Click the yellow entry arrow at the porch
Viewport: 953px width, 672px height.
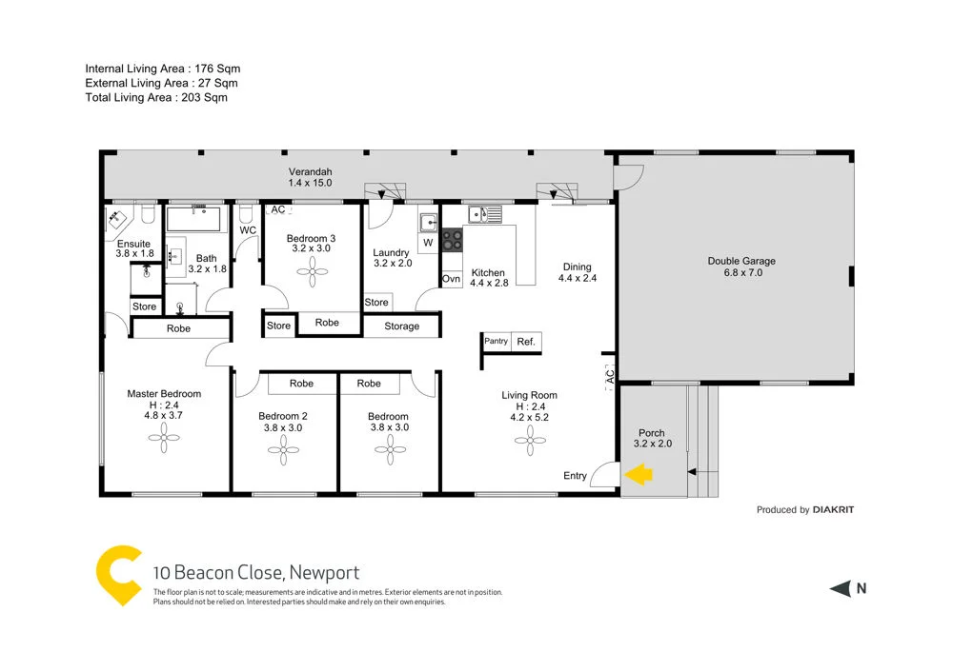(638, 473)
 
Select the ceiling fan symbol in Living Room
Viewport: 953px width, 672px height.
(529, 438)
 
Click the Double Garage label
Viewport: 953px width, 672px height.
(740, 261)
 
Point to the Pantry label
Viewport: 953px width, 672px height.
(496, 341)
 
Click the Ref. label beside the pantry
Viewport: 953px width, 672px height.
(525, 342)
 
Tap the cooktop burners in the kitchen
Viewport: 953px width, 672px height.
(452, 239)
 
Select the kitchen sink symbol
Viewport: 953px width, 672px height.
(486, 215)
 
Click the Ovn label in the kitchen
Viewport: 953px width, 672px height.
(452, 279)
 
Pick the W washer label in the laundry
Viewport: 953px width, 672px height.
(428, 243)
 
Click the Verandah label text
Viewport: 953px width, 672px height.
(310, 172)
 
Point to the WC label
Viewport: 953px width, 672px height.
(248, 230)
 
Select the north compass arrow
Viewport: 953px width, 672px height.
(840, 588)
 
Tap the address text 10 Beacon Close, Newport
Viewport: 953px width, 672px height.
(256, 572)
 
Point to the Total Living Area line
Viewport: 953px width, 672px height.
(156, 97)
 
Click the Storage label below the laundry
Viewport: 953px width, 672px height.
(401, 326)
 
